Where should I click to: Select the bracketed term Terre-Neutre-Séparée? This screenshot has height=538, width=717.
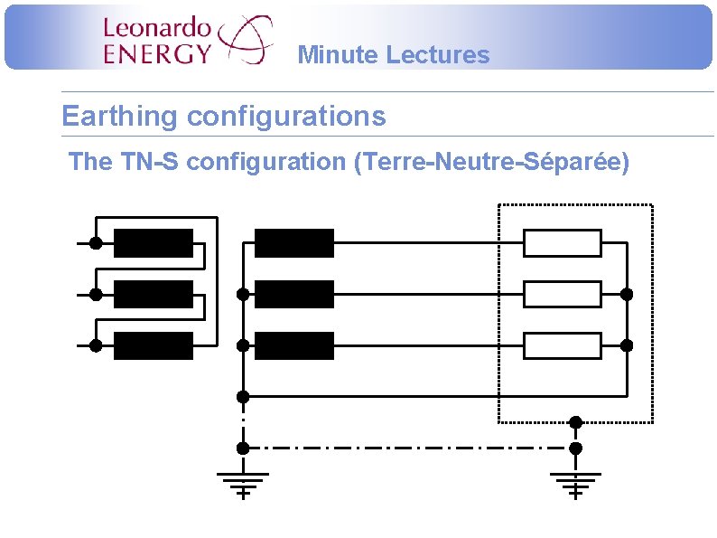492,163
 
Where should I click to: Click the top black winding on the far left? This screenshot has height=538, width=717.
154,243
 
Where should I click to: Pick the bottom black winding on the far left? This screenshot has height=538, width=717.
154,345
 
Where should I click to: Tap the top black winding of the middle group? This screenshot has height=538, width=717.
294,243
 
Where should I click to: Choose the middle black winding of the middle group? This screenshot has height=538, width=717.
294,294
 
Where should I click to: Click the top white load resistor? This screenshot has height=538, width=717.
563,243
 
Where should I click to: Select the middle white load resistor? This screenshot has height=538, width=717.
563,294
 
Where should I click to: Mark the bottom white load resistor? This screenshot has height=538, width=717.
563,345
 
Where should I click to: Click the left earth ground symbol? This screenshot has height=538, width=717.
242,484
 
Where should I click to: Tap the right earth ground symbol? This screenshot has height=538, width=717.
575,484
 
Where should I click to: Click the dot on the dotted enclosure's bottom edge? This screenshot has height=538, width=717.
575,421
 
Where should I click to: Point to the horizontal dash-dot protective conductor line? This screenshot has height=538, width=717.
406,448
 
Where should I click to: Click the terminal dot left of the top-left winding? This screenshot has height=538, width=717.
95,243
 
